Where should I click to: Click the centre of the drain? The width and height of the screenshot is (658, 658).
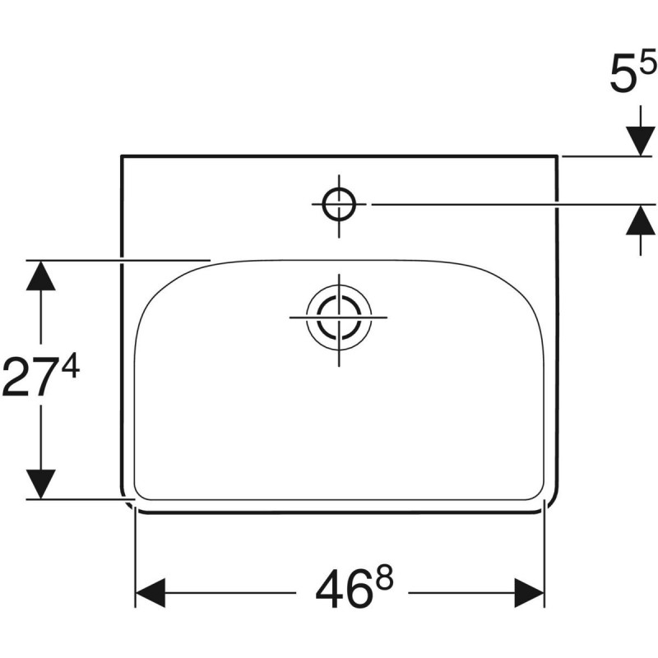click(338, 316)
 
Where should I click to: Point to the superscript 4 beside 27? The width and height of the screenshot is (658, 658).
click(70, 367)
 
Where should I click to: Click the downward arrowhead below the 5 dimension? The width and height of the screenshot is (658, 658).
click(640, 141)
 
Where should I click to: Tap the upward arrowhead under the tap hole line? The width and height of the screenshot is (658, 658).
click(640, 219)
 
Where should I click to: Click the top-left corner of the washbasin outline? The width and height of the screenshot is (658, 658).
click(122, 155)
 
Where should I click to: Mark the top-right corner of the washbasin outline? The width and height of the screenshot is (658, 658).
click(558, 155)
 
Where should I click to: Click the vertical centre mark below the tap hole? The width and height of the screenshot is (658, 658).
click(338, 230)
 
